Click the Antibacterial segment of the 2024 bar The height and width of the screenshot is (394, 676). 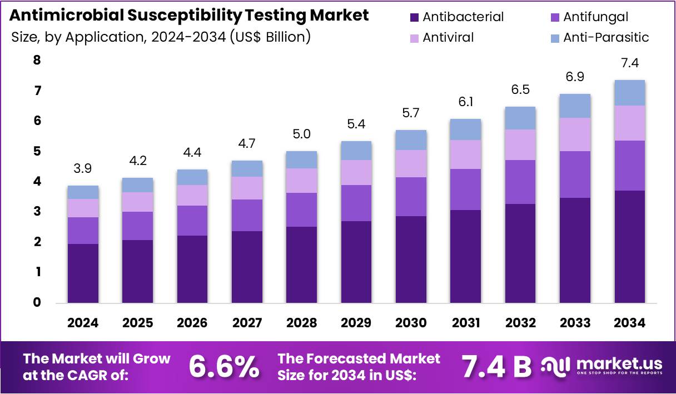[83, 273]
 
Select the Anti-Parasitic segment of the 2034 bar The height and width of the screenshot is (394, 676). [629, 93]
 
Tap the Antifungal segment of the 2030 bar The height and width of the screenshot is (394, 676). [411, 197]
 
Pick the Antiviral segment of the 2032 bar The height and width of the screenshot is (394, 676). [520, 144]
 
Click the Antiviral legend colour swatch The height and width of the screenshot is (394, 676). [414, 38]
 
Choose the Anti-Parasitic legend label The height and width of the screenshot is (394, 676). [606, 38]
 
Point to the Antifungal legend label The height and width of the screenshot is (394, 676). [595, 17]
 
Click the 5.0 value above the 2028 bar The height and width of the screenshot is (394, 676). [301, 134]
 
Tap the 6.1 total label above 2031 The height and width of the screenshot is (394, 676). [465, 102]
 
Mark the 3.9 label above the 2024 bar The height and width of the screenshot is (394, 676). [83, 168]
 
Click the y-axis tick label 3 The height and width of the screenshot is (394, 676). [37, 212]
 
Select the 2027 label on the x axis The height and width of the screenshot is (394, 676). [247, 323]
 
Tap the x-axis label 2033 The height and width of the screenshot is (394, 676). [575, 323]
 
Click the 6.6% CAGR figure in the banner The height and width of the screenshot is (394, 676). [223, 366]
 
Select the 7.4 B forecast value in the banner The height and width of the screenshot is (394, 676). [497, 366]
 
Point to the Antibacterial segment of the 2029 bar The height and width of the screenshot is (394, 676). [356, 262]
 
